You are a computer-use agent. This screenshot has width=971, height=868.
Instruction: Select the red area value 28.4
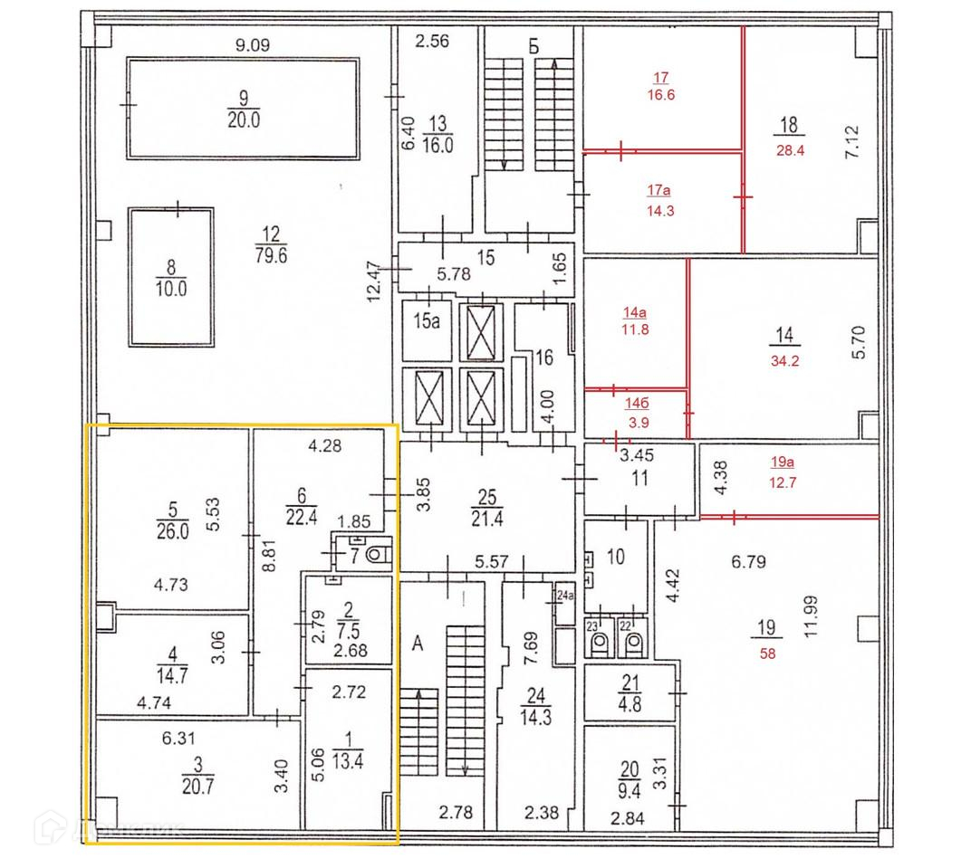pyautogui.click(x=790, y=151)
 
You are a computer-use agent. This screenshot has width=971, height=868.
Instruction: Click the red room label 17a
pyautogui.click(x=658, y=190)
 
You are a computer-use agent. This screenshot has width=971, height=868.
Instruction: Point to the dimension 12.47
pyautogui.click(x=376, y=282)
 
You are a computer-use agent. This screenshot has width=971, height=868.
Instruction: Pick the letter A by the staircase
pyautogui.click(x=418, y=644)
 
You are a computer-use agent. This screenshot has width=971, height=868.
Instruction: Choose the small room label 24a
pyautogui.click(x=566, y=596)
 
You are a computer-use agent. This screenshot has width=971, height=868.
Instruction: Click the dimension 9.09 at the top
pyautogui.click(x=254, y=44)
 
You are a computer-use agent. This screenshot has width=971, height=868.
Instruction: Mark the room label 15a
pyautogui.click(x=426, y=321)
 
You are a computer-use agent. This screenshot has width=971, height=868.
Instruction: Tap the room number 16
pyautogui.click(x=543, y=358)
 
